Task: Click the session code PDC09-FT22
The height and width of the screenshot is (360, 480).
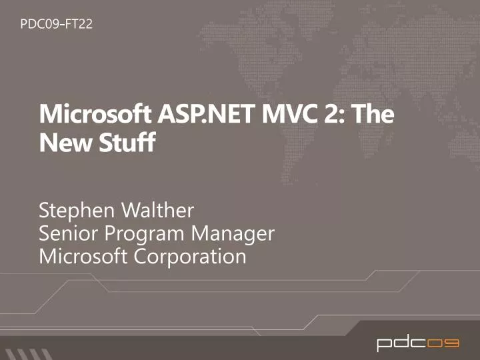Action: (56, 25)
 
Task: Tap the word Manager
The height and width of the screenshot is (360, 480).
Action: (234, 235)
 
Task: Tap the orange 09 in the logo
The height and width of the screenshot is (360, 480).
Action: (443, 344)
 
